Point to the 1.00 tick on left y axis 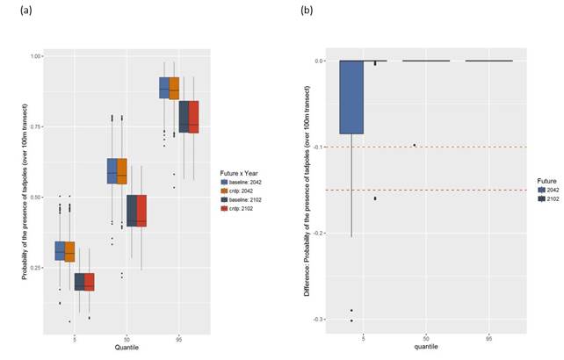[x=34, y=56]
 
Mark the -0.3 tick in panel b [x=318, y=320]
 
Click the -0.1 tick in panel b [x=318, y=148]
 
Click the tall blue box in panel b [x=351, y=97]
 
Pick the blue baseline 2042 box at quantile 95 [x=164, y=88]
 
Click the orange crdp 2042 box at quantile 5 [x=69, y=252]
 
